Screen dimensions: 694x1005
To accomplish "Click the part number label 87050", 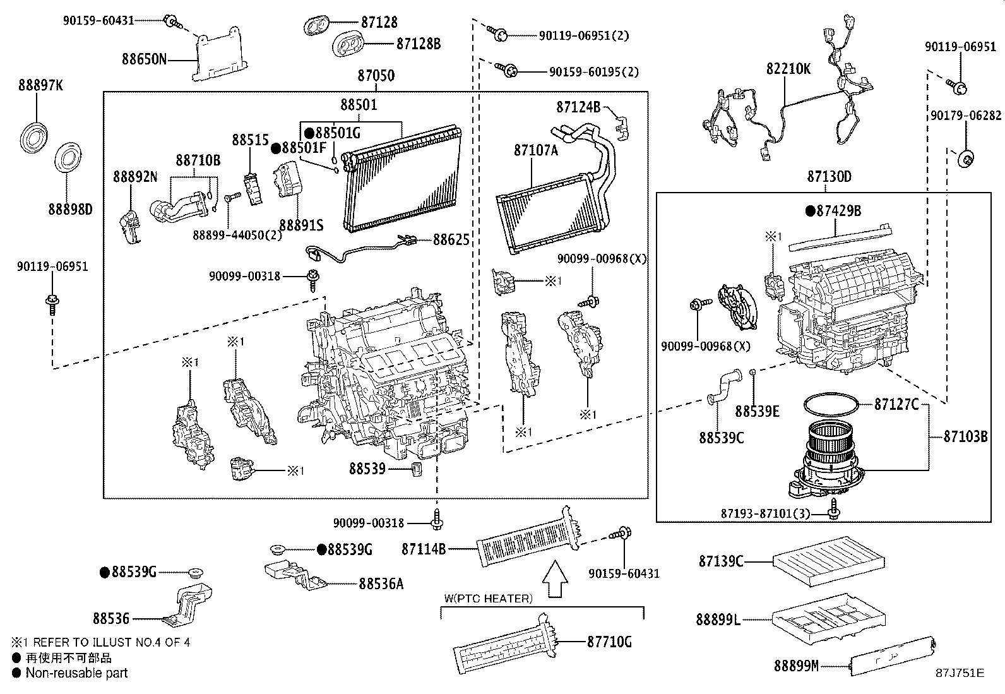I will [x=376, y=76].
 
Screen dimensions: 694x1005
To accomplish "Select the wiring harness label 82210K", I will [x=788, y=69].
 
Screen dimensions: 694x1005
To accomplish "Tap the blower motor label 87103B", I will [x=965, y=436].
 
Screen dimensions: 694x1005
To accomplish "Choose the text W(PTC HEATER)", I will [x=487, y=598].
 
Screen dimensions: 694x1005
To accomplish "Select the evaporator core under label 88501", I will [x=404, y=180].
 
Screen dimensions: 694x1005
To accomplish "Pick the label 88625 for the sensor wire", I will [x=451, y=239].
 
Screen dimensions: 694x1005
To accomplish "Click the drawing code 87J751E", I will [x=960, y=673].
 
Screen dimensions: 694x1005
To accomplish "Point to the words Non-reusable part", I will [x=76, y=673].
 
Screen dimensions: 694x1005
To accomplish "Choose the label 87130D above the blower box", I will [x=828, y=176].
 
